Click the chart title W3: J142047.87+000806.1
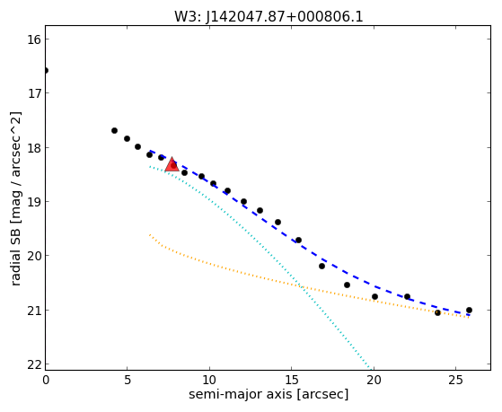[269, 16]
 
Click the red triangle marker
[172, 164]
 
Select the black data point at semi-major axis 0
[46, 70]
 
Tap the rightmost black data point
[469, 310]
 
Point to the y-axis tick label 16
[32, 39]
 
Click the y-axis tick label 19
[32, 202]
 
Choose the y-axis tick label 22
[32, 364]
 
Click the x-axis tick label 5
[128, 380]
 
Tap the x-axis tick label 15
[291, 380]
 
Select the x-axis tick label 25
[455, 380]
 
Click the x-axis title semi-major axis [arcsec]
[269, 395]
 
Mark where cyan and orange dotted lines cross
[302, 286]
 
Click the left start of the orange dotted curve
[149, 234]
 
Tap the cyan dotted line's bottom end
[372, 369]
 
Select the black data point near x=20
[374, 297]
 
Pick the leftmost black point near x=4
[114, 131]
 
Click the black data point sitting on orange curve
[437, 312]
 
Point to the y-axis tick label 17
[32, 93]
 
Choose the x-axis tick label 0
[46, 380]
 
